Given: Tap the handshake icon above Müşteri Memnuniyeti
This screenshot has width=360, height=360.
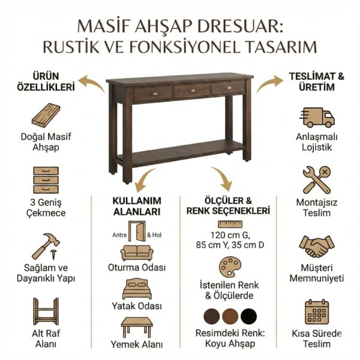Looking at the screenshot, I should (x=317, y=247).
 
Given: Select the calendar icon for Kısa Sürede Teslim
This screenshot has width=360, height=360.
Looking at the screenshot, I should (x=317, y=311).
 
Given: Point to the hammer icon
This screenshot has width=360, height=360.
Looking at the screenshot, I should (x=46, y=247).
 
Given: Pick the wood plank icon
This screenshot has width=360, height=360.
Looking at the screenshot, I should (x=46, y=115).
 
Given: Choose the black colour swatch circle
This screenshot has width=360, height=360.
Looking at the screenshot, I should (x=248, y=316).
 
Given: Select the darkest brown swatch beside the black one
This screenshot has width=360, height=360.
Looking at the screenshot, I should (x=212, y=316).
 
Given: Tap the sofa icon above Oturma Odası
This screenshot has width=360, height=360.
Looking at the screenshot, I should (x=136, y=252).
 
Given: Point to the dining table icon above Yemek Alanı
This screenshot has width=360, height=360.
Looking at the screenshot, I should (x=136, y=326).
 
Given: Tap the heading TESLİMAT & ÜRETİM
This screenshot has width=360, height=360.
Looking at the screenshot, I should (x=316, y=82).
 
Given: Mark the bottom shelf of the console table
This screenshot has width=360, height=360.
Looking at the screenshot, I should (x=180, y=154).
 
